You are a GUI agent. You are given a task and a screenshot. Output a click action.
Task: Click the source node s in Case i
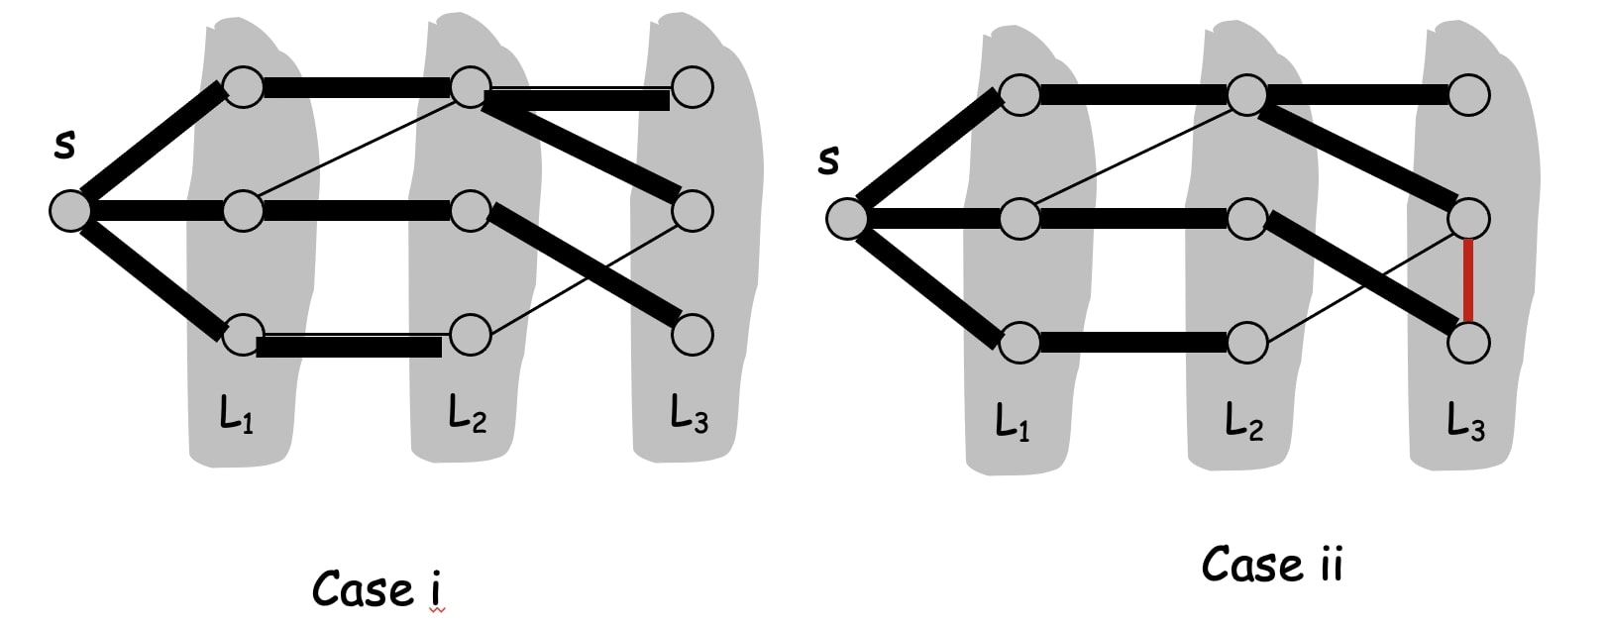click(x=70, y=211)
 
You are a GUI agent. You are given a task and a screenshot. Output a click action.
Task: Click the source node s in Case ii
click(x=847, y=219)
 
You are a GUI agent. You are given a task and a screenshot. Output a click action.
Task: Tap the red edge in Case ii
click(x=1468, y=281)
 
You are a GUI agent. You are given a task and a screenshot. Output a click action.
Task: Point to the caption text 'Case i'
click(x=376, y=589)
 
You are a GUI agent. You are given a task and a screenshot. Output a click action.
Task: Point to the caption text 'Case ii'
click(x=1272, y=565)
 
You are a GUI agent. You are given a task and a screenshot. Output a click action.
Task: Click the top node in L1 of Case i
click(x=243, y=86)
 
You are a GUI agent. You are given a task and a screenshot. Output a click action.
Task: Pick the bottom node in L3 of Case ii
click(x=1468, y=343)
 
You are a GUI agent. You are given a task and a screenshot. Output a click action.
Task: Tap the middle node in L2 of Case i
click(x=471, y=210)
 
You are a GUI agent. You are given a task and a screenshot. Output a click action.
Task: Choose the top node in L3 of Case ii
click(x=1468, y=95)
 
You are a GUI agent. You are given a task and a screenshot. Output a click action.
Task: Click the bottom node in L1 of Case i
click(x=243, y=335)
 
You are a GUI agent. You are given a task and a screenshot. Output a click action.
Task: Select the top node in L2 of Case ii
click(x=1246, y=95)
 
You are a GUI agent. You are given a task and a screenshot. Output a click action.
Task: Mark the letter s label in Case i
click(x=64, y=145)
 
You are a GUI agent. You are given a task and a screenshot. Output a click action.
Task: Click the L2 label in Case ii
click(x=1244, y=422)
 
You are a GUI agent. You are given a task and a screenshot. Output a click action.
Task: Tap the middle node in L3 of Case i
click(x=692, y=210)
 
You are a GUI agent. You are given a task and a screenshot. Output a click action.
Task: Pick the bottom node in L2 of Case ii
click(x=1246, y=343)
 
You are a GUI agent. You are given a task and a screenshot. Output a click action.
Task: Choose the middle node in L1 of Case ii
click(x=1019, y=219)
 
